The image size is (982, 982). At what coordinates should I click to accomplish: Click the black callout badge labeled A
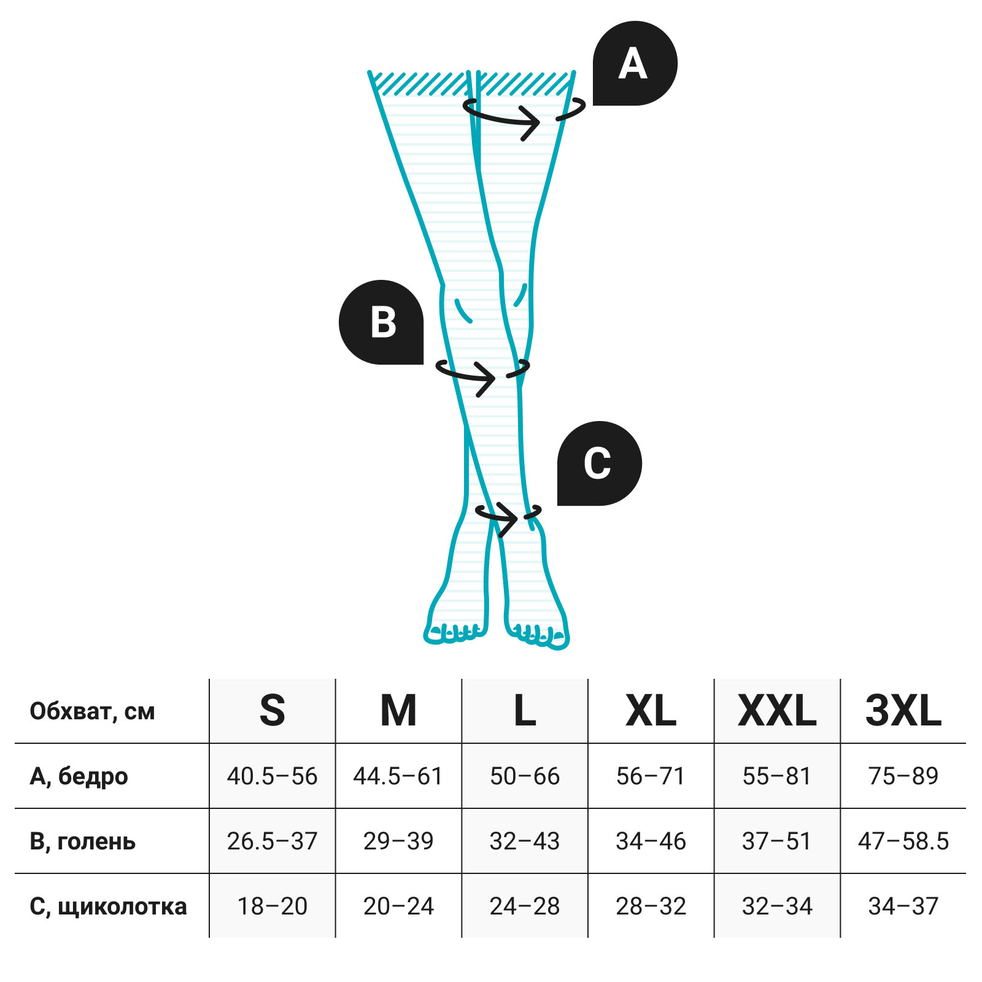[x=635, y=63]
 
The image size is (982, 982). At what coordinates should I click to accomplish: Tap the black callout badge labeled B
[x=381, y=322]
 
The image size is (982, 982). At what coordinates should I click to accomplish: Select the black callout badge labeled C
[x=600, y=463]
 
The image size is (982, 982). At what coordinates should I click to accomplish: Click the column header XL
[x=651, y=711]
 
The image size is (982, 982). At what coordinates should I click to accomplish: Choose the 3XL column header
[x=903, y=711]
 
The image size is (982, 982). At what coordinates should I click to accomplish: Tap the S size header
[x=273, y=711]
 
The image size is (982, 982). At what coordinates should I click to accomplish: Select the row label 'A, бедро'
[x=79, y=776]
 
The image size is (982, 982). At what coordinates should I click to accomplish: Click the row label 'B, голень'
[x=83, y=841]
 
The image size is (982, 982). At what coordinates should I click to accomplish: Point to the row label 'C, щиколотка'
[x=109, y=907]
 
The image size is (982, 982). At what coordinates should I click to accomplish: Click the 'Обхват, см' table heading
[x=92, y=711]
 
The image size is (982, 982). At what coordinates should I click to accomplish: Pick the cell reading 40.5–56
[x=273, y=776]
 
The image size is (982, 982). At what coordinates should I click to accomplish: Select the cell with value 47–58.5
[x=903, y=841]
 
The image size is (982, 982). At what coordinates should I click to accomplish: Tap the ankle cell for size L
[x=525, y=906]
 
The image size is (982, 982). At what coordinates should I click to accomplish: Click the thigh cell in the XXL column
[x=777, y=776]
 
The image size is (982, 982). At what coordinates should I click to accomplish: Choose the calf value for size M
[x=398, y=841]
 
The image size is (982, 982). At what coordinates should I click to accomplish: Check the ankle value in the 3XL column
[x=903, y=906]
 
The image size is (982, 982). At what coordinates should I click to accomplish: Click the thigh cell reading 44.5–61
[x=398, y=776]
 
